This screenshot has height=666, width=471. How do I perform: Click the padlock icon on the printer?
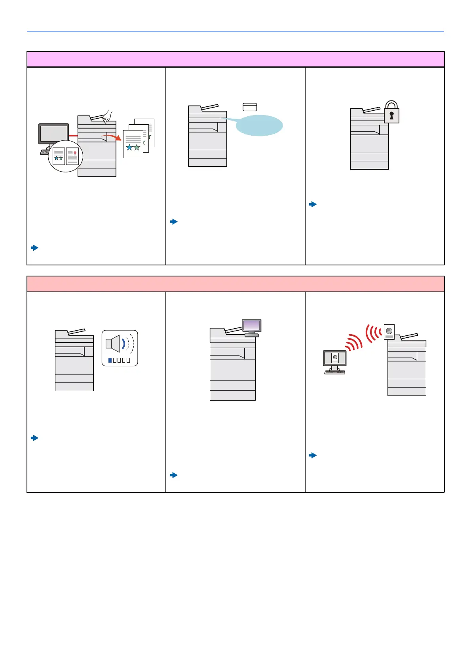[391, 113]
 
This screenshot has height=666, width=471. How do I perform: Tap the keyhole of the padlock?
[391, 115]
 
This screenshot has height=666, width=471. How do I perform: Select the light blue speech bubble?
[259, 125]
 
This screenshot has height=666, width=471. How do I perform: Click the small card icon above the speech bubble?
[250, 107]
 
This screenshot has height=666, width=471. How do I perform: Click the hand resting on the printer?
[106, 116]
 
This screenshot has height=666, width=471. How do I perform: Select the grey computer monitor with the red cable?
[53, 134]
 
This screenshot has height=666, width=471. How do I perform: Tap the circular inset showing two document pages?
[66, 156]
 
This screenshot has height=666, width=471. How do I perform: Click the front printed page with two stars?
[133, 144]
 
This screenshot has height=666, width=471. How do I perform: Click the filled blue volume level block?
[110, 360]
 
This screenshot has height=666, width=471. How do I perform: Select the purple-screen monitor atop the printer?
[252, 326]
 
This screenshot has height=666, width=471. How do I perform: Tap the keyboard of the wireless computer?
[334, 372]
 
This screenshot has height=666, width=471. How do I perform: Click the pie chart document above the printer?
[389, 332]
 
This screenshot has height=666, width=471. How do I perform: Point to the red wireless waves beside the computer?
[353, 342]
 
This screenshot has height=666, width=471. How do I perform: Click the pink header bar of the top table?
[235, 59]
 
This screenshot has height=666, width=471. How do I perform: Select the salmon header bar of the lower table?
[235, 284]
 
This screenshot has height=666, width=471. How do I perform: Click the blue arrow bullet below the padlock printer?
[313, 204]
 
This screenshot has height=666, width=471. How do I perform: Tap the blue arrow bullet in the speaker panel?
[34, 438]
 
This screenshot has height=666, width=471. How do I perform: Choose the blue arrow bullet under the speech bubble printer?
[173, 221]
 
